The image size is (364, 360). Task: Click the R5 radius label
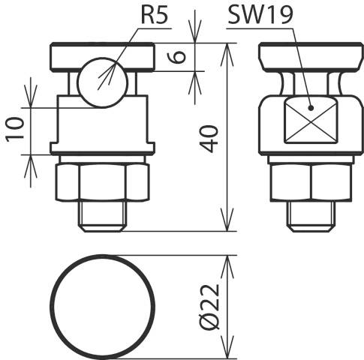pos(155,15)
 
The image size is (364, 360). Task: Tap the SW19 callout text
pos(260,15)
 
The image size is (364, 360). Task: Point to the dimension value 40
pos(209,139)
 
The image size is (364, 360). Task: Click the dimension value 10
pos(15,129)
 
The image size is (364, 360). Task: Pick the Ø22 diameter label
pos(210,307)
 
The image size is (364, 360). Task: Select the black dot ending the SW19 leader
pos(311,108)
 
